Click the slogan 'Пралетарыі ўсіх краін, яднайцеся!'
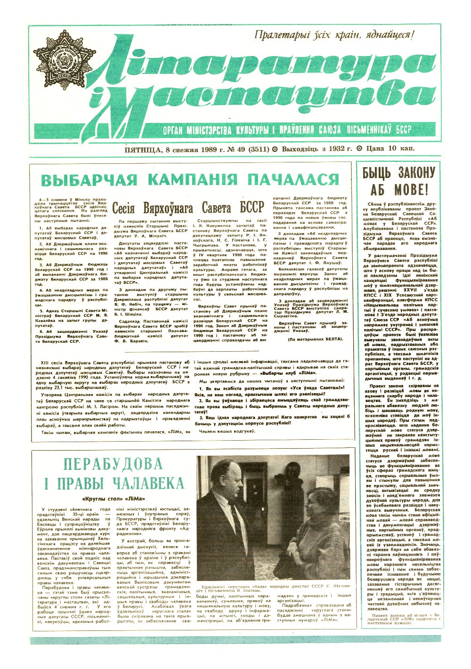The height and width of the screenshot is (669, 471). click(x=333, y=35)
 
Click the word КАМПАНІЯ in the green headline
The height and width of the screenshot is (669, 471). click(x=194, y=180)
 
